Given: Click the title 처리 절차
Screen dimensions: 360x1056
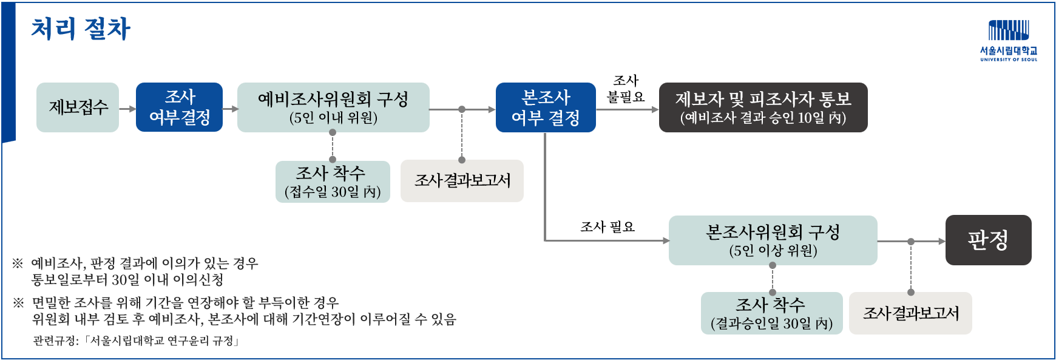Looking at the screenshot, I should [x=81, y=29].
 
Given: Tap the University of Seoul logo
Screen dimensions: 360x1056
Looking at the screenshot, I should [x=1008, y=41].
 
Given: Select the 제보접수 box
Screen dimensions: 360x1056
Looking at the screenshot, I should [x=78, y=107].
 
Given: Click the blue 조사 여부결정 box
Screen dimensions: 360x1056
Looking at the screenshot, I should [x=179, y=107].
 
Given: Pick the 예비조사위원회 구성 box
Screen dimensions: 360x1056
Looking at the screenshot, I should [x=333, y=107].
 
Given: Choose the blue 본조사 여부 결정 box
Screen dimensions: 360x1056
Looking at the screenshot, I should [x=546, y=107].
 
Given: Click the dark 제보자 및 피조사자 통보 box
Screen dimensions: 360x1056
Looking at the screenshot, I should [x=763, y=107].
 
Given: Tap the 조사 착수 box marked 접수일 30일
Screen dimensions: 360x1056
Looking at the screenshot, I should [x=333, y=182].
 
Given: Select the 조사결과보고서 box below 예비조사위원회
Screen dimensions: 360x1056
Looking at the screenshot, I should [x=462, y=180].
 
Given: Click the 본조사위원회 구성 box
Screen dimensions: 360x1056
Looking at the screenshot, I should [x=773, y=240].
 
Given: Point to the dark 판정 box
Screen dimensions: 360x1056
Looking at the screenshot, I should [x=988, y=240].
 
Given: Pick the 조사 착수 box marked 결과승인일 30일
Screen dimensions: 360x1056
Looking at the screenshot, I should [x=771, y=313].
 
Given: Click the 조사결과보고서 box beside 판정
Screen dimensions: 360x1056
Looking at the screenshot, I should [x=910, y=313].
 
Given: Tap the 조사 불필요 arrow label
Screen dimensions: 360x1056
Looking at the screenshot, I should [x=626, y=89].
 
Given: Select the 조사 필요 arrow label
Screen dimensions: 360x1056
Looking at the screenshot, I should [x=607, y=227].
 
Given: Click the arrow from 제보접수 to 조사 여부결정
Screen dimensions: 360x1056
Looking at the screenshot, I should [x=127, y=109].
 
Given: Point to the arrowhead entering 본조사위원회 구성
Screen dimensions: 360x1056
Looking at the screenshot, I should [x=666, y=240].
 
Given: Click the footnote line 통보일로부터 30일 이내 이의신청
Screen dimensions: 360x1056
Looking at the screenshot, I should [x=127, y=280].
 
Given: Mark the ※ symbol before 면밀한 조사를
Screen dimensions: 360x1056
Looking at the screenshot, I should [x=18, y=302].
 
